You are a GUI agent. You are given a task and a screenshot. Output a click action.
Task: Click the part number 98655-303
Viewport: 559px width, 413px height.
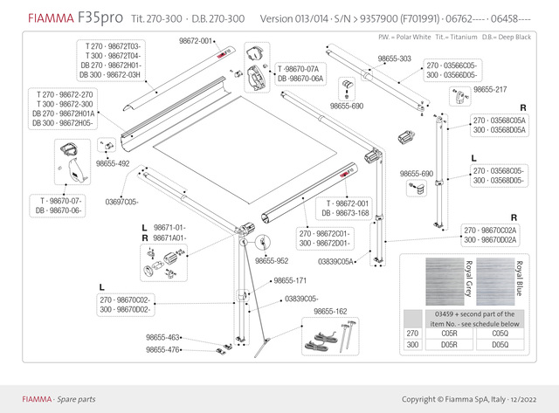click(x=395, y=58)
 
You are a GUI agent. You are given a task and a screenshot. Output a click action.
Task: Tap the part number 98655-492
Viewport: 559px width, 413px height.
click(x=113, y=163)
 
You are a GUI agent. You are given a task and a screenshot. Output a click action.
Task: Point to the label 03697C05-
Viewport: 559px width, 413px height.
click(x=122, y=202)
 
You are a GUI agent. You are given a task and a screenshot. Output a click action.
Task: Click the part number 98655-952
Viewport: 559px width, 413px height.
click(x=272, y=260)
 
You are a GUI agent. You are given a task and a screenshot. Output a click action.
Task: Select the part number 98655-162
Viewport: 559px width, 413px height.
click(x=330, y=311)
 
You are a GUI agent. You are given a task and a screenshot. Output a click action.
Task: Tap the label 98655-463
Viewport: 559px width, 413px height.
click(x=163, y=337)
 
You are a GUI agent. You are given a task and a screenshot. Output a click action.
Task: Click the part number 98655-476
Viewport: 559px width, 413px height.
click(x=163, y=349)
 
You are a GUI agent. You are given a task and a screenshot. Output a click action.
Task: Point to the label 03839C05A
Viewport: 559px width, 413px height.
click(x=335, y=261)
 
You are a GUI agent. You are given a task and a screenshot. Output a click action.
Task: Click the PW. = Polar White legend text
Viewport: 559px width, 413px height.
click(x=406, y=38)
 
